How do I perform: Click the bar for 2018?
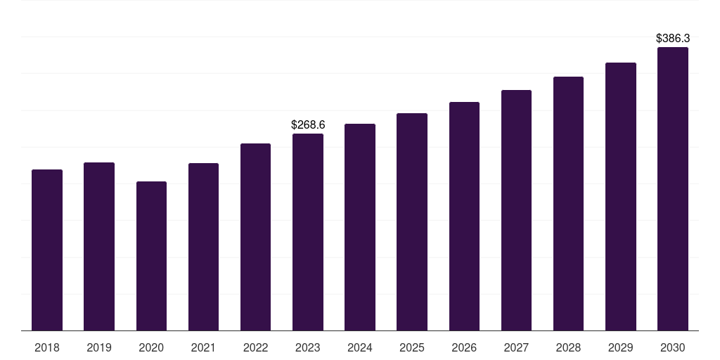[x=47, y=250]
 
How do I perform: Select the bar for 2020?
[x=152, y=256]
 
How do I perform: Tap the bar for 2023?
[x=308, y=232]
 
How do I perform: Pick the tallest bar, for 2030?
[x=673, y=188]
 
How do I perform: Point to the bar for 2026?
[x=464, y=217]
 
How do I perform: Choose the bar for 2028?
[x=568, y=203]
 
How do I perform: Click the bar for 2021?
[x=203, y=247]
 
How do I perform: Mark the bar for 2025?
[x=412, y=221]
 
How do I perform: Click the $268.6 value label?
[x=308, y=124]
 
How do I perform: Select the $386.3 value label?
[x=673, y=38]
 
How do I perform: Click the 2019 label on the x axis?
[x=99, y=347]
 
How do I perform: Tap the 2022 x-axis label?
[x=255, y=347]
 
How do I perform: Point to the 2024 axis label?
[x=360, y=347]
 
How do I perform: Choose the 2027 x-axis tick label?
[x=516, y=347]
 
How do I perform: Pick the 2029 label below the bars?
[x=621, y=347]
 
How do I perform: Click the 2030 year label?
[x=673, y=347]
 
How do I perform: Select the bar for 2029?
[x=621, y=197]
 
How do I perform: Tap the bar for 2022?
[x=255, y=237]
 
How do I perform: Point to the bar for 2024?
[x=360, y=227]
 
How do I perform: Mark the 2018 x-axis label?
[x=47, y=347]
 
